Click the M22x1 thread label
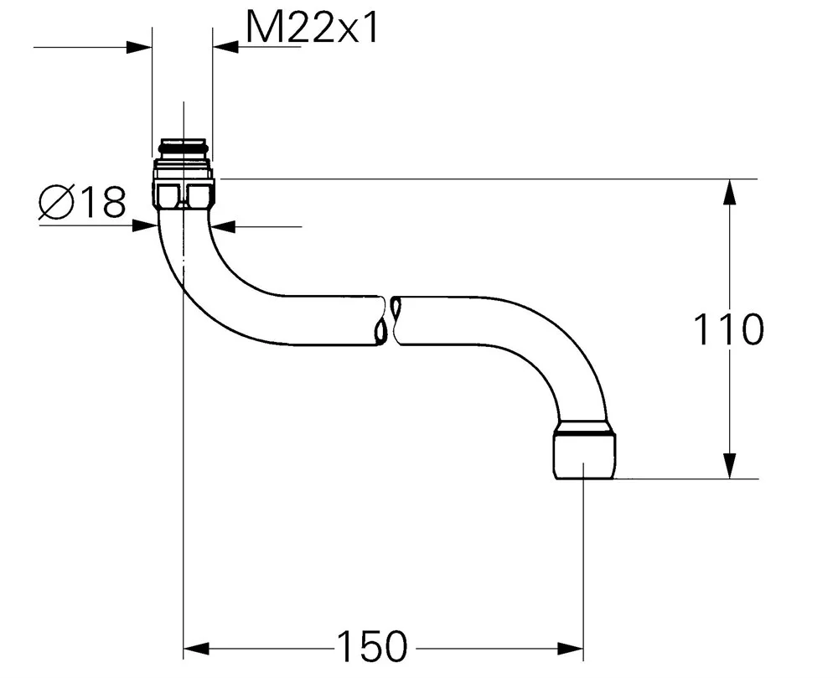(312, 28)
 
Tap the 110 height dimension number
(729, 329)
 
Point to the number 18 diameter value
(104, 202)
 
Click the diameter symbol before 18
(55, 202)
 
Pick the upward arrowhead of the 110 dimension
(729, 192)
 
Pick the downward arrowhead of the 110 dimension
(729, 466)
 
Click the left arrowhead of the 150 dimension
(196, 650)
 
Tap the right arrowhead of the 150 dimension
(570, 650)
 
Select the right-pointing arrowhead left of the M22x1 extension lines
(139, 47)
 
